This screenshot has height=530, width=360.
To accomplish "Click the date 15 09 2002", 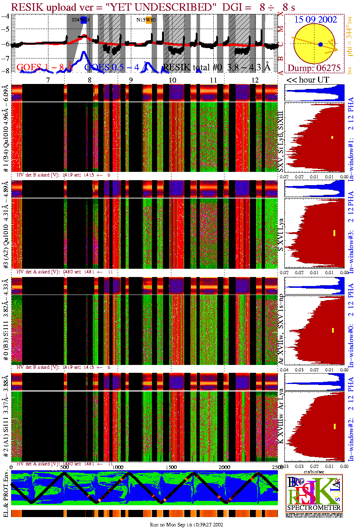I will (316, 19).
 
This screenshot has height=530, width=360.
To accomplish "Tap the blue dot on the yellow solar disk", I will (321, 44).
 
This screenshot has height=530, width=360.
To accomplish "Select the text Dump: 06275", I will (314, 68).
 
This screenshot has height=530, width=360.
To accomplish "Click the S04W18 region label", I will (80, 20).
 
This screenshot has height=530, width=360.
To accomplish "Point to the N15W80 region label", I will (146, 20).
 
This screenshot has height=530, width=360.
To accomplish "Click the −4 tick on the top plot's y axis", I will (5, 16).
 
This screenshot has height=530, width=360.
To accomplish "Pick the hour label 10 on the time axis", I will (172, 80).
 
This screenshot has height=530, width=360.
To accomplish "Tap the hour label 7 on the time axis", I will (48, 80).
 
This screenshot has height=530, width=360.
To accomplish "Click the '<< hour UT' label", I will (308, 80).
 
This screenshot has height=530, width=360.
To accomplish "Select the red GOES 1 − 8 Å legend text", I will (45, 67).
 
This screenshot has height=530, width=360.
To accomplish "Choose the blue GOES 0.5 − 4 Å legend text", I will (116, 67).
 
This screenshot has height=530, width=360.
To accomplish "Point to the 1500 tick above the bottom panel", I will (171, 467).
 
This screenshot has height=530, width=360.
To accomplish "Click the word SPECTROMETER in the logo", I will (314, 508).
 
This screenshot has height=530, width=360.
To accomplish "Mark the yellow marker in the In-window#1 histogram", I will (332, 137).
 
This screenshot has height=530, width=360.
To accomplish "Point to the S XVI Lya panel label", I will (281, 235).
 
